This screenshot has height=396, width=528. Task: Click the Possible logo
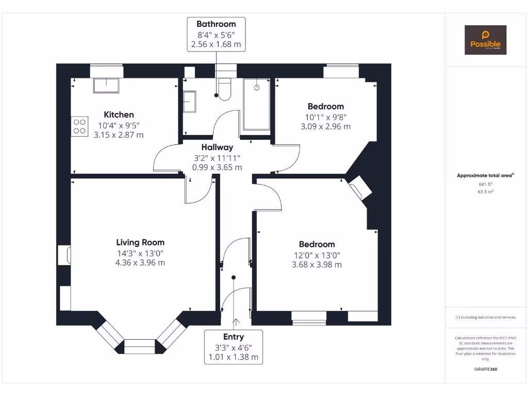485,40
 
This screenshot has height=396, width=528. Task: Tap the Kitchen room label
119,114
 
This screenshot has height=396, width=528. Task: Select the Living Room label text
140,242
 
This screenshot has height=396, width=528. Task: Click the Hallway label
217,147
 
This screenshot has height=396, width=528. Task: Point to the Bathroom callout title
216,24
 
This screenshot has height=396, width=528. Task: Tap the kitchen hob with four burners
79,126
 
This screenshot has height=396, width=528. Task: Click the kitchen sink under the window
106,85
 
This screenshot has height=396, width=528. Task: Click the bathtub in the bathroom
256,104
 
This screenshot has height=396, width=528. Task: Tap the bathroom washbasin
189,101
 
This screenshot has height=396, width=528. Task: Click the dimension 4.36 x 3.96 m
140,262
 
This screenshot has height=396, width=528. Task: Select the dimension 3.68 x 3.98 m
317,265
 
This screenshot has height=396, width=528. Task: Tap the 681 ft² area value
485,184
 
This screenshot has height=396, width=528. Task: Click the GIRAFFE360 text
485,369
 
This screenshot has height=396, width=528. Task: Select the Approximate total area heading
485,176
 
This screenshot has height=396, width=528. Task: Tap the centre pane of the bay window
140,346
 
